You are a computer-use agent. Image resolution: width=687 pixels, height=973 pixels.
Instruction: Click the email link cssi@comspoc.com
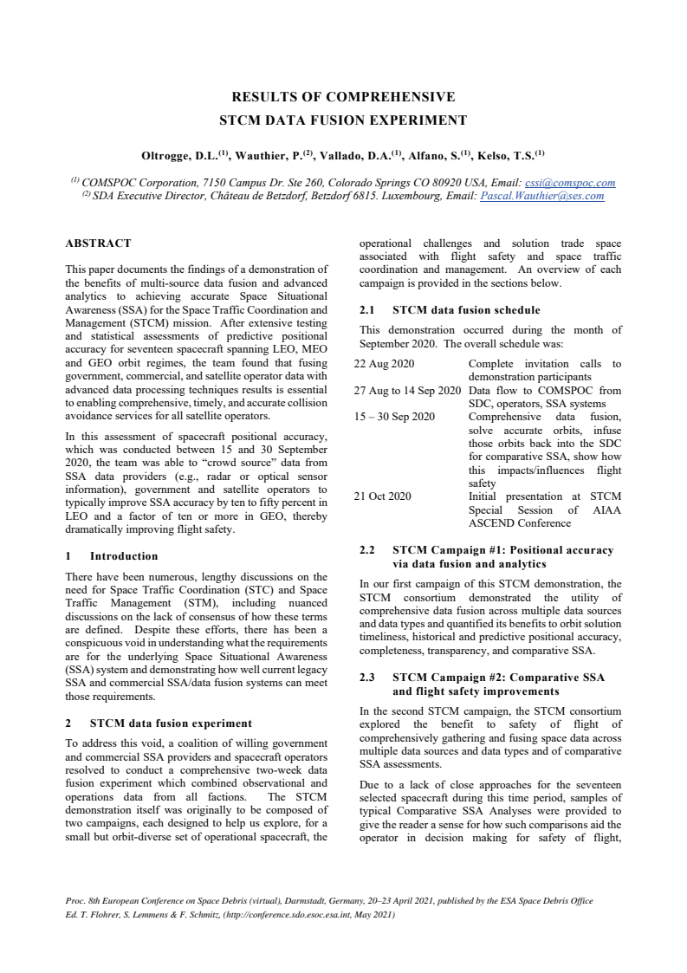(570, 183)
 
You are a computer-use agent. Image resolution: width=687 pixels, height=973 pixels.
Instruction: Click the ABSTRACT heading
(99, 243)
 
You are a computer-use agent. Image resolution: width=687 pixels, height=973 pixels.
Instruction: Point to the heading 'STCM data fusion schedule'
(466, 309)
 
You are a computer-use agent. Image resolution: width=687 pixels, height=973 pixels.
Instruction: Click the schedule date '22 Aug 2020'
(385, 364)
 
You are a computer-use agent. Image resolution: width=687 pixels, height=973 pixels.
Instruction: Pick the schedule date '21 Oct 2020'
(383, 496)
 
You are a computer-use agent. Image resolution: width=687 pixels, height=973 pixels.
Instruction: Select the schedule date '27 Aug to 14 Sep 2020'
(407, 391)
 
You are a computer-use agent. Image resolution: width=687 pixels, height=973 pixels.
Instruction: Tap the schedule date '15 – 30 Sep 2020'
(394, 417)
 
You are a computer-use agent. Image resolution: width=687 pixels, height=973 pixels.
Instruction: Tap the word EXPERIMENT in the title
(418, 120)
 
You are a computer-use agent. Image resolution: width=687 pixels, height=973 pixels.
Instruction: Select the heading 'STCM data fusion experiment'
(171, 723)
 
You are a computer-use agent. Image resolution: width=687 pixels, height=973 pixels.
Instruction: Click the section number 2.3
(366, 678)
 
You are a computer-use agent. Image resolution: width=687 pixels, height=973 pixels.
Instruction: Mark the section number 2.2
(366, 549)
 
